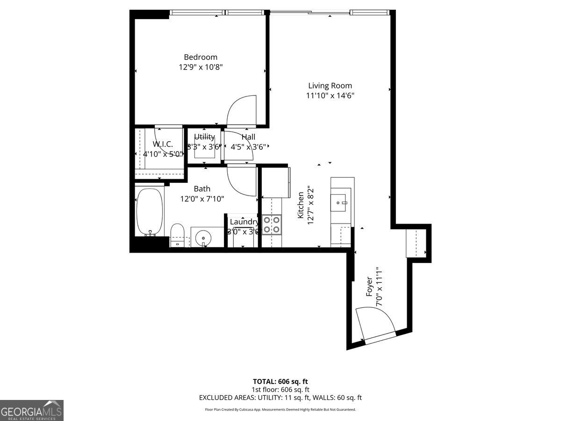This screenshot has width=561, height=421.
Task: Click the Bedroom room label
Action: click(x=200, y=57)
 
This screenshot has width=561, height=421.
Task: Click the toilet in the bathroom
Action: click(x=178, y=234)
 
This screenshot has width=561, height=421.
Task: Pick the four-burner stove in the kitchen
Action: click(x=272, y=224)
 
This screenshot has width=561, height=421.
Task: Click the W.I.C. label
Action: click(x=163, y=144)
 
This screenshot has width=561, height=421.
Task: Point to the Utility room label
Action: click(x=204, y=137)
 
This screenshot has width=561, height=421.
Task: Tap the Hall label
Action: click(x=248, y=137)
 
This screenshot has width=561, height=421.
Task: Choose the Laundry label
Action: click(x=244, y=222)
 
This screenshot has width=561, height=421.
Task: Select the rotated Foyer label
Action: click(x=369, y=287)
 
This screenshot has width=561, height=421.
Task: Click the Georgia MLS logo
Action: click(x=31, y=410)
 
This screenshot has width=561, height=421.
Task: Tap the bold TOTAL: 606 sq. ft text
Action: click(x=280, y=381)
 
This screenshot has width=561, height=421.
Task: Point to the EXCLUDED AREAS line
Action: click(x=280, y=398)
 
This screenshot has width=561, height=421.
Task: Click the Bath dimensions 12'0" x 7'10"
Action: click(x=202, y=198)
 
